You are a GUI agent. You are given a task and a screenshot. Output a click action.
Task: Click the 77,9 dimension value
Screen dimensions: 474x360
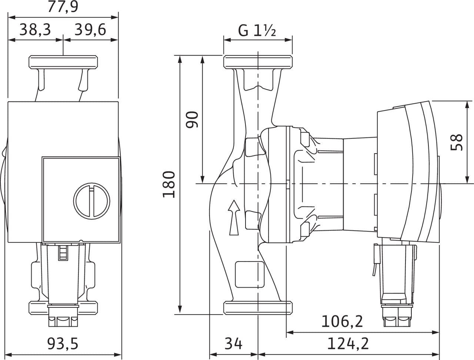[63, 7]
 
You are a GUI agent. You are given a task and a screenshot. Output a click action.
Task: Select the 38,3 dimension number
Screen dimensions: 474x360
[35, 30]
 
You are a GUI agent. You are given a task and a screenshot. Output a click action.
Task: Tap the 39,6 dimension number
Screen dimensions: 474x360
[90, 30]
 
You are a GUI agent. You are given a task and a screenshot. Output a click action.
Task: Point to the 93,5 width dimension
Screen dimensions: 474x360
[63, 344]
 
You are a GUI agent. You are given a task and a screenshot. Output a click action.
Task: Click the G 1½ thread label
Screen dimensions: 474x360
[257, 31]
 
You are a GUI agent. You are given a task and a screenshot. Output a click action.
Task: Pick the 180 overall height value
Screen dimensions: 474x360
[168, 184]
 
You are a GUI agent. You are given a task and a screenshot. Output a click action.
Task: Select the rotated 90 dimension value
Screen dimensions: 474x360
[192, 120]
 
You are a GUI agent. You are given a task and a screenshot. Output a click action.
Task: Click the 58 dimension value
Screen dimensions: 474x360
[457, 142]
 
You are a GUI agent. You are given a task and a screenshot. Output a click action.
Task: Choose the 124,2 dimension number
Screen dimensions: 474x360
[348, 344]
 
